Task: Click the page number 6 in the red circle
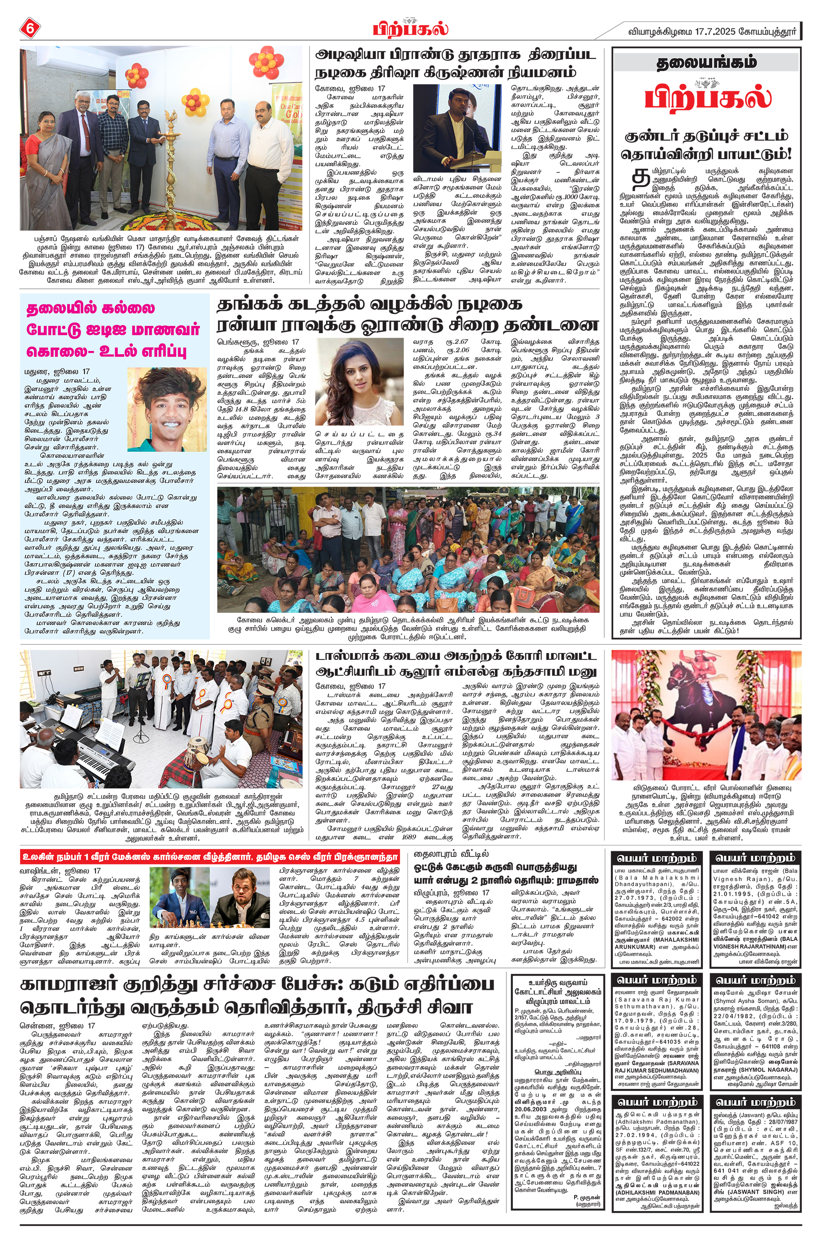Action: tap(29, 28)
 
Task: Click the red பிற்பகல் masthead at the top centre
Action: tap(411, 28)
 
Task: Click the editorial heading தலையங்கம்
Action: tap(706, 63)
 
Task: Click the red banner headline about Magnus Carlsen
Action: tap(210, 857)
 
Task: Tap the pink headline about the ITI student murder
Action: tap(113, 328)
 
